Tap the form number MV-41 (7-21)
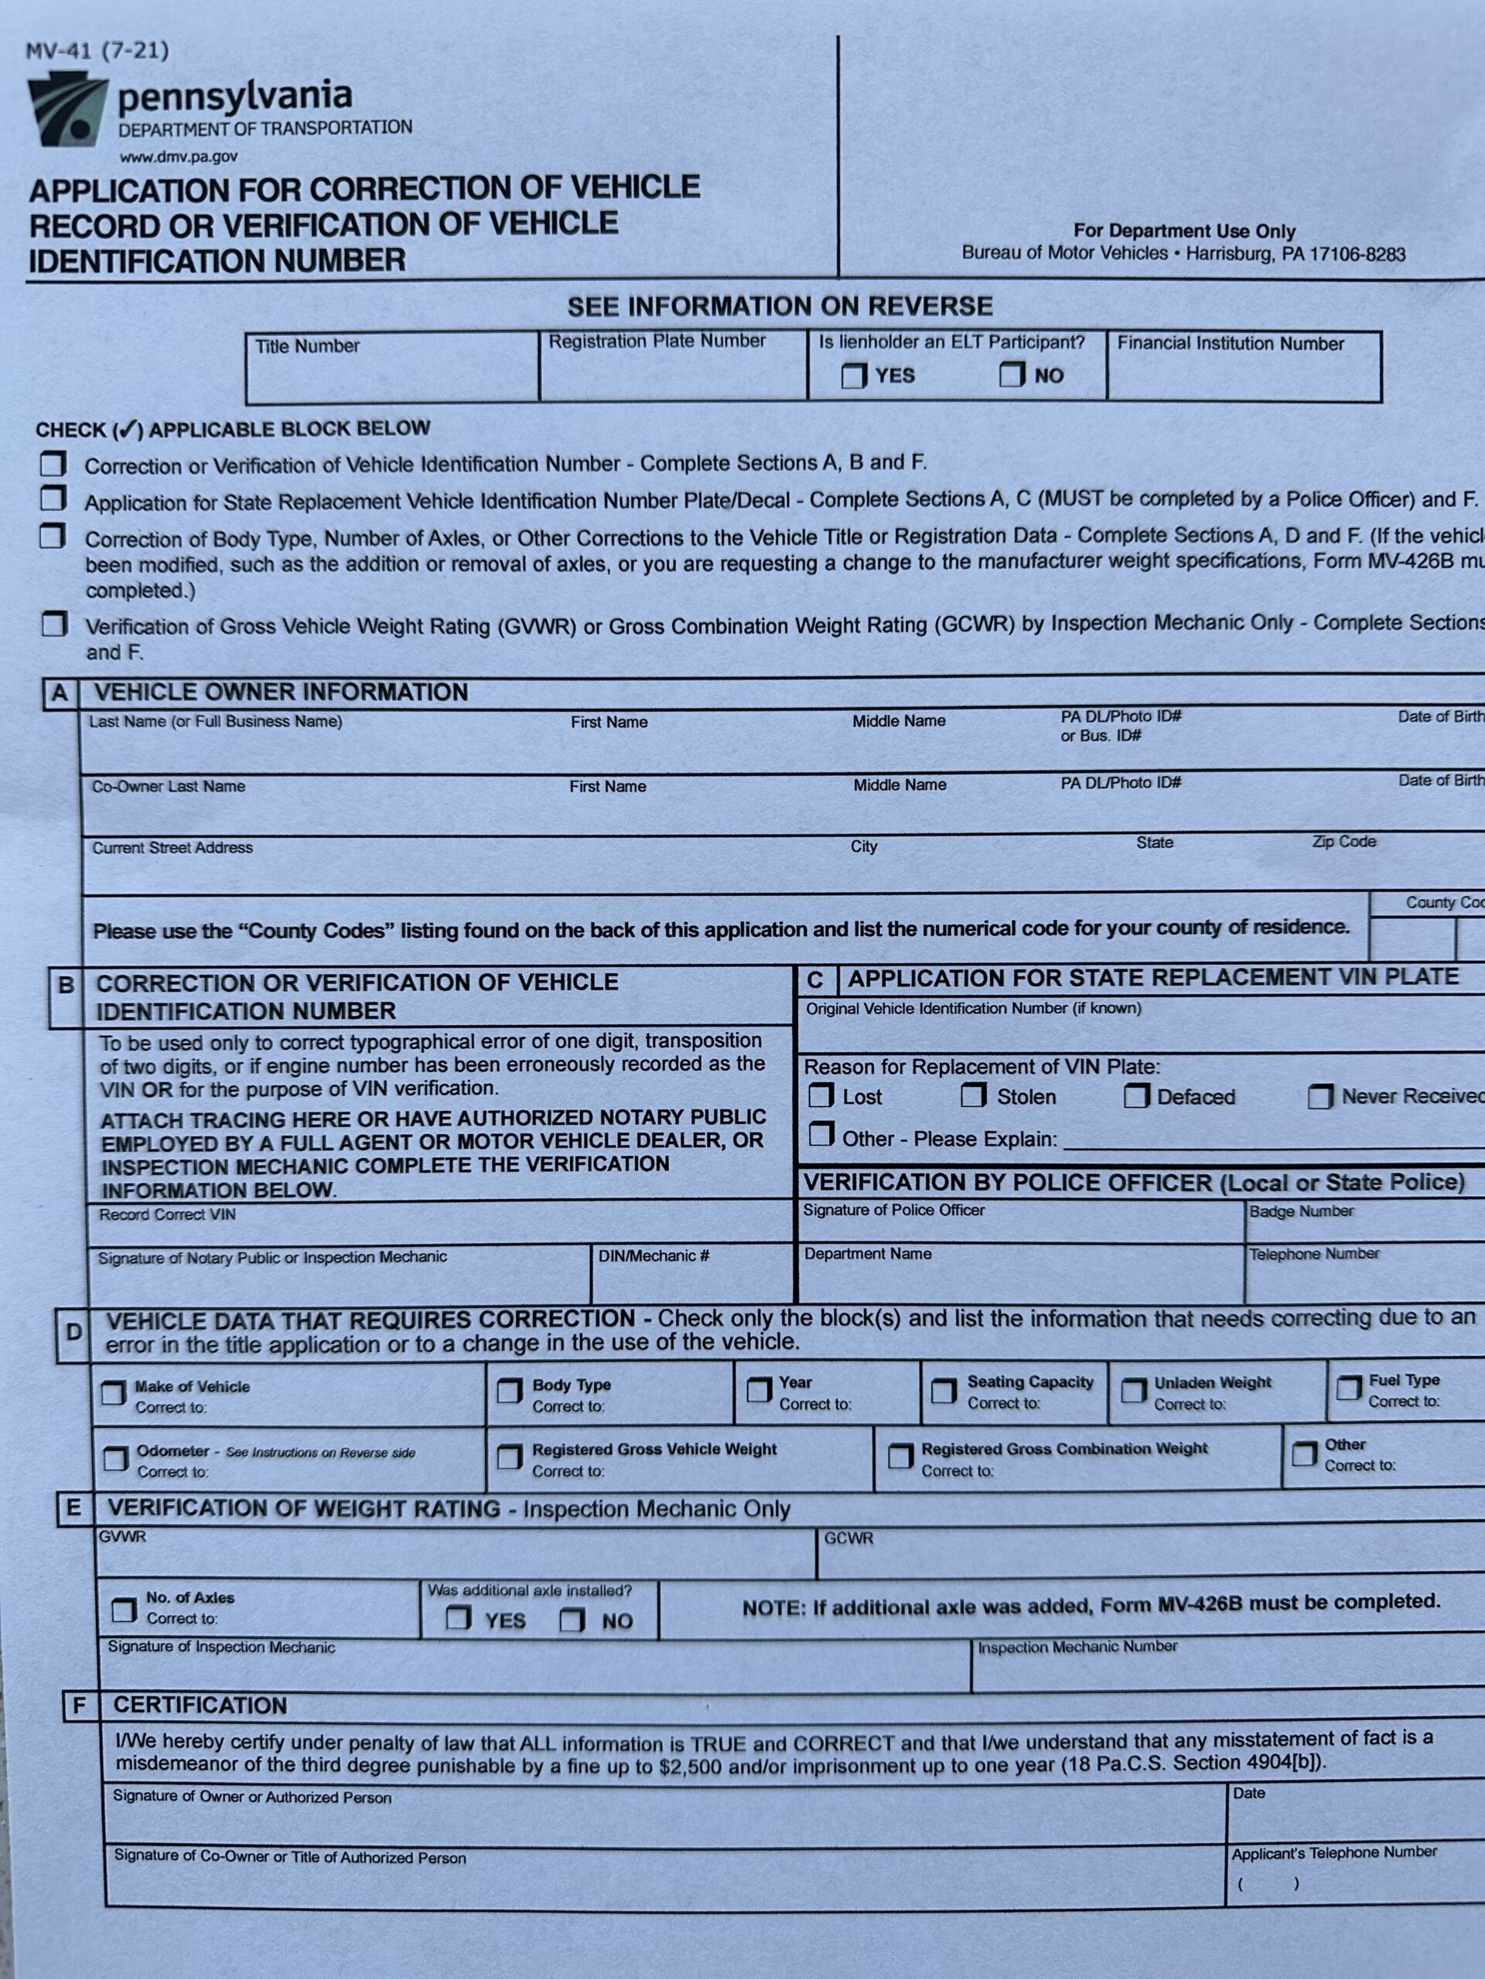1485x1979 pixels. (97, 51)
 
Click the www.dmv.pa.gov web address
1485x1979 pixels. (179, 157)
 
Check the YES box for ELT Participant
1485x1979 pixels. (854, 375)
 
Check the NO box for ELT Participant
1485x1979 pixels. (1012, 374)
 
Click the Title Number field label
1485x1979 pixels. (307, 346)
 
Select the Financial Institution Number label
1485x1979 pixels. (1230, 343)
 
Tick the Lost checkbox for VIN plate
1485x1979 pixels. (820, 1096)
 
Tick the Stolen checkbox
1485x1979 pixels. (973, 1095)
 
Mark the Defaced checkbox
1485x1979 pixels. (1136, 1096)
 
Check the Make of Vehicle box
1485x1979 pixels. (114, 1393)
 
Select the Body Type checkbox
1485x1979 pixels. (510, 1391)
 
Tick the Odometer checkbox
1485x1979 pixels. (115, 1460)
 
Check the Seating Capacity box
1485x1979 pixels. (944, 1391)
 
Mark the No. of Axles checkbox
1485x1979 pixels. (124, 1610)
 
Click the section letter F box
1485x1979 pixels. (79, 1706)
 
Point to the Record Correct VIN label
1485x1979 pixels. (167, 1215)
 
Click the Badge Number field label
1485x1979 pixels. (1301, 1211)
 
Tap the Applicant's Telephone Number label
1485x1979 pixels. (1333, 1852)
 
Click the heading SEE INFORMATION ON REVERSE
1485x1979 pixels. (780, 307)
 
